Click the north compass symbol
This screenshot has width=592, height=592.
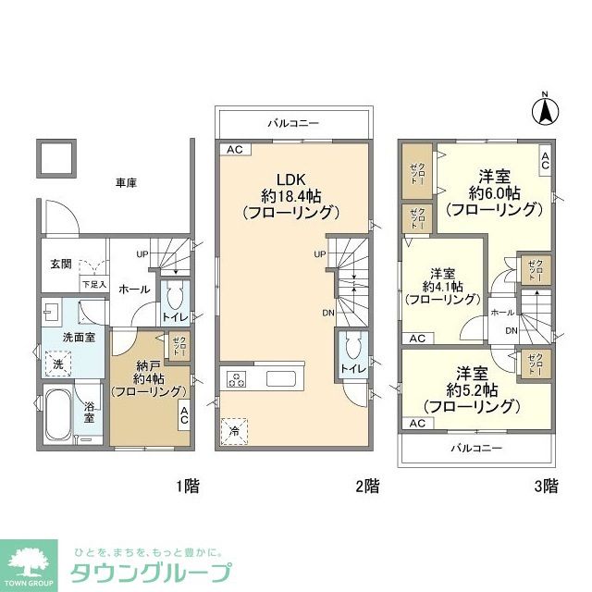[x=546, y=110]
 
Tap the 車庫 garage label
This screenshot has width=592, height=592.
[x=126, y=183]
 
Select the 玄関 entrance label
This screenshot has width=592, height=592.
[x=62, y=263]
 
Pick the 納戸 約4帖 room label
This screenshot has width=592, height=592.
[x=147, y=377]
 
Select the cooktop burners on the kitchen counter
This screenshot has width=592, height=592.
[x=237, y=378]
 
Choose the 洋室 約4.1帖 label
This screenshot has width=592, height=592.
[x=442, y=286]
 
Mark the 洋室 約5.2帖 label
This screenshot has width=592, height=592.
[x=468, y=389]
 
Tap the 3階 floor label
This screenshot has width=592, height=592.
[x=545, y=484]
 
